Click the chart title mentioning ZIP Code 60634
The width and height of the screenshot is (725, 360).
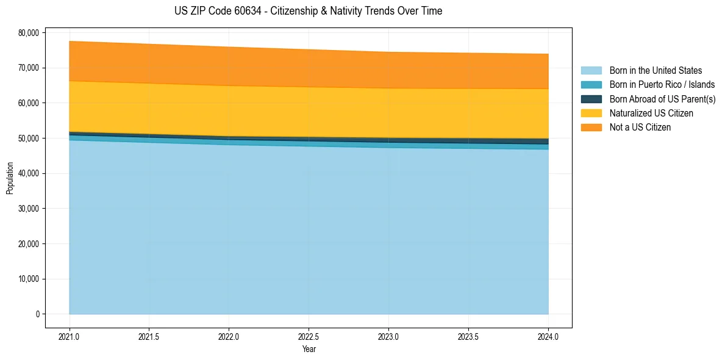pyautogui.click(x=308, y=11)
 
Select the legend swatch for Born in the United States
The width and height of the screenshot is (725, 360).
pyautogui.click(x=591, y=71)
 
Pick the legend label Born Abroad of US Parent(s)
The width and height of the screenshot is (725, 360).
pyautogui.click(x=662, y=99)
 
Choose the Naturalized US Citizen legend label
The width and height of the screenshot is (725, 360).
pyautogui.click(x=651, y=113)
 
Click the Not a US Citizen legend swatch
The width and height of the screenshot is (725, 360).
pyautogui.click(x=591, y=127)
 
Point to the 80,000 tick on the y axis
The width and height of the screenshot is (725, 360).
pyautogui.click(x=29, y=32)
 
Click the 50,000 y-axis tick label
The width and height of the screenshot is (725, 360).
pyautogui.click(x=29, y=139)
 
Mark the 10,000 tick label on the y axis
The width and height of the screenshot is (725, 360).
pyautogui.click(x=29, y=279)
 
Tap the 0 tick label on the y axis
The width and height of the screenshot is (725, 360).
pyautogui.click(x=37, y=314)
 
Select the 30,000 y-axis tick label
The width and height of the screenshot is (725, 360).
pyautogui.click(x=29, y=209)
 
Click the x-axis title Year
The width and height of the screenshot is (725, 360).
pyautogui.click(x=309, y=350)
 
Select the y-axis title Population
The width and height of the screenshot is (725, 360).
pyautogui.click(x=10, y=178)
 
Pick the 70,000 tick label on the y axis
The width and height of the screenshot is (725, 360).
pyautogui.click(x=29, y=68)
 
